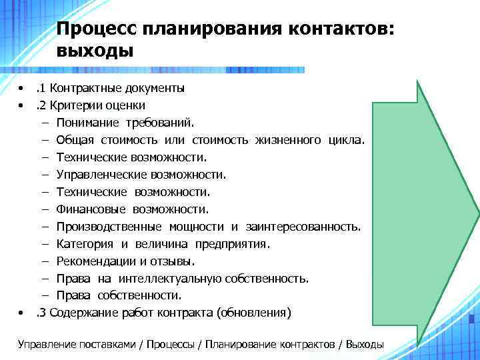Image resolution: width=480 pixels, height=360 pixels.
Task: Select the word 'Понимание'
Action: click(87, 123)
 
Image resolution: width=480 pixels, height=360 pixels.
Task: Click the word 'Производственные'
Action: click(107, 227)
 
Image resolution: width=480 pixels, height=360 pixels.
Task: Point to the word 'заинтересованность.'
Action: click(303, 227)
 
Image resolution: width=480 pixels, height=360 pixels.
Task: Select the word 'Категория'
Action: click(85, 244)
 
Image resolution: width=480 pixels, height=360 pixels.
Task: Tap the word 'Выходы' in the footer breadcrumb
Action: click(363, 344)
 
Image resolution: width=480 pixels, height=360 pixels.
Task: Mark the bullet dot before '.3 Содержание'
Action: click(23, 313)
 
